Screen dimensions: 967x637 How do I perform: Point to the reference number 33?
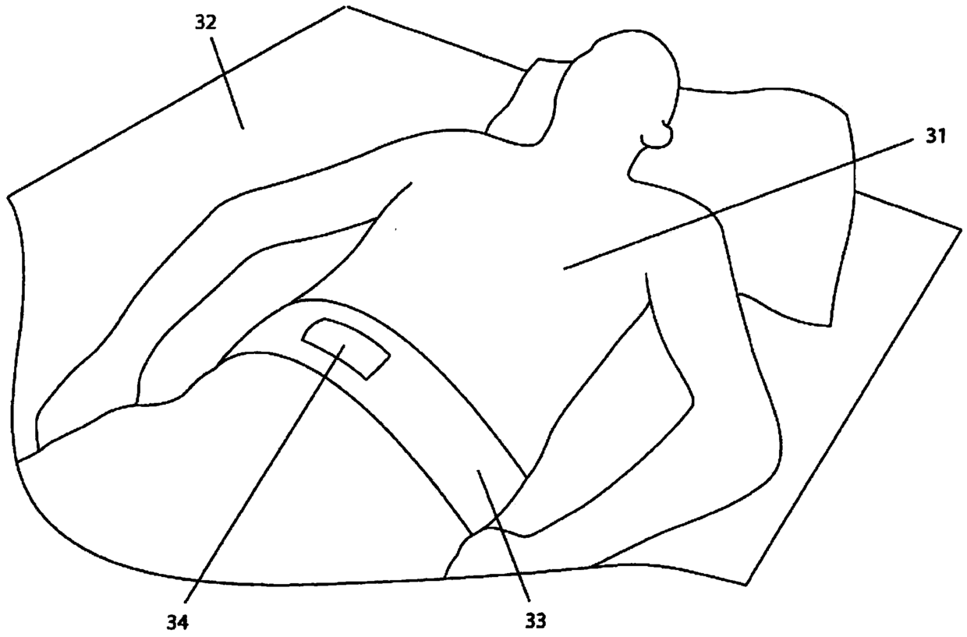535,621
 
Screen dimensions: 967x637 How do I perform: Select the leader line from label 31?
741,203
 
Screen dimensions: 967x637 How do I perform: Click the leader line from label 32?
227,82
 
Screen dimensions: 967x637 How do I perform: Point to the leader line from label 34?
265,476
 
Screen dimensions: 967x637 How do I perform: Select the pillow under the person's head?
780,195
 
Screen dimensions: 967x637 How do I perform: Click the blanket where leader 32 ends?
242,128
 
